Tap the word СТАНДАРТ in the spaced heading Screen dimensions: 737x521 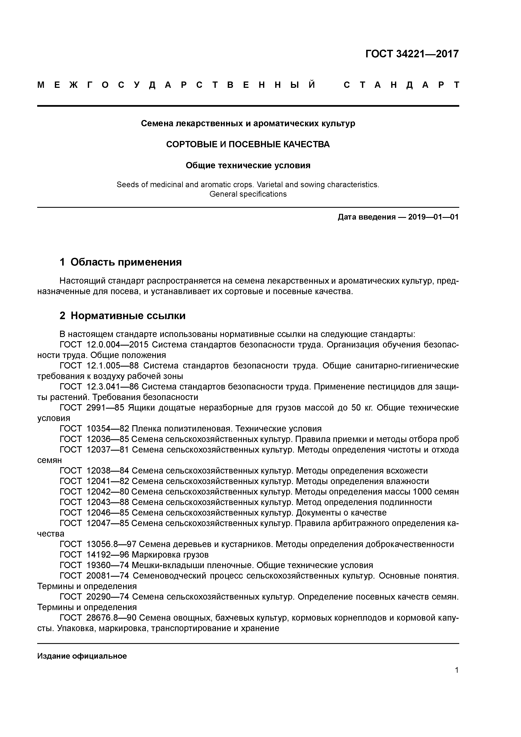point(401,85)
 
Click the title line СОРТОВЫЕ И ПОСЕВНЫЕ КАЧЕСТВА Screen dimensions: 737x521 point(248,145)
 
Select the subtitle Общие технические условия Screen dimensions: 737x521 point(248,165)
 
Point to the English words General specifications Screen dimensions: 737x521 point(248,194)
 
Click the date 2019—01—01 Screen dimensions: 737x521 point(433,217)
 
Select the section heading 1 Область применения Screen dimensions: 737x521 point(121,262)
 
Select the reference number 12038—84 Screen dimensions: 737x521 point(108,471)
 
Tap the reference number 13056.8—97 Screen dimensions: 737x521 point(112,544)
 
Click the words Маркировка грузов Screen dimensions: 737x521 point(170,555)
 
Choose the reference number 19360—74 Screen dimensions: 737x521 point(108,565)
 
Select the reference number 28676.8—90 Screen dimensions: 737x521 point(112,618)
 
